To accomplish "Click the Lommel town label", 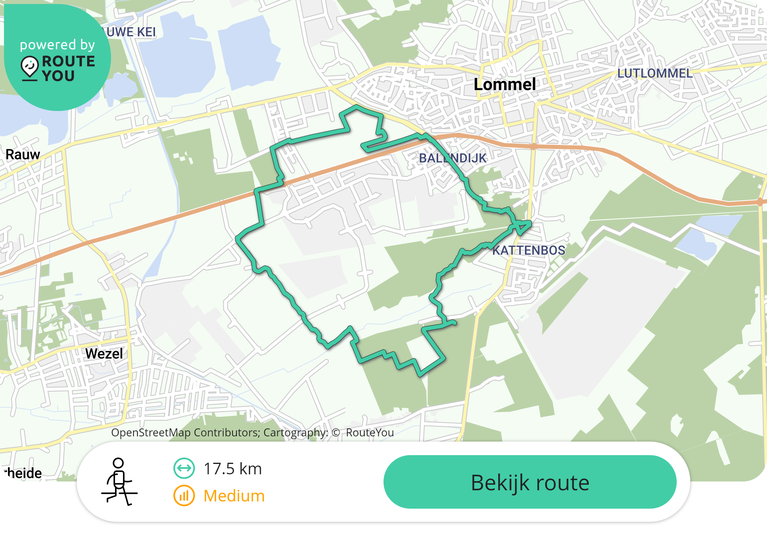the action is [505, 85].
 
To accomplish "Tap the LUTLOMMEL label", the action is [655, 73].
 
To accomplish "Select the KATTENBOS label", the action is [529, 250].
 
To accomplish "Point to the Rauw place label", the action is [23, 155].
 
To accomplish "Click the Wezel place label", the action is [104, 354].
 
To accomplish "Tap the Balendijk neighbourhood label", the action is [453, 158].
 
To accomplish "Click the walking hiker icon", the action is [119, 481].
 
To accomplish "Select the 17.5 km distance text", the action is [232, 469].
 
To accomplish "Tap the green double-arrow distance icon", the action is [184, 468].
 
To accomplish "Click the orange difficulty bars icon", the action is [184, 495].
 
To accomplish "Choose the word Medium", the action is [234, 496].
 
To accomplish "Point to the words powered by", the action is [58, 45].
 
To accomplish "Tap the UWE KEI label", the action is [131, 32].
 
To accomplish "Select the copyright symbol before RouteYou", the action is [336, 433].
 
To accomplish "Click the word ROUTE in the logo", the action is [69, 61].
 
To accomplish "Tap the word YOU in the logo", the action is [58, 76].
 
